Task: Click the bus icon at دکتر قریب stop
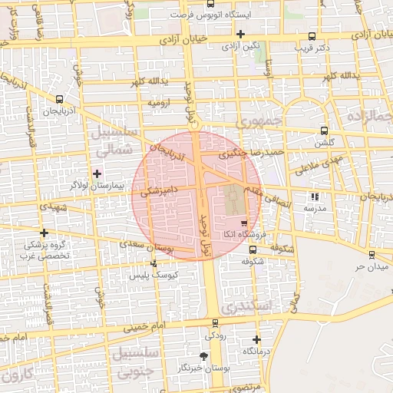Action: pyautogui.click(x=311, y=36)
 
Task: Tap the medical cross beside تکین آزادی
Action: pyautogui.click(x=241, y=34)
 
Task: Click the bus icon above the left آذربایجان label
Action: pyautogui.click(x=60, y=99)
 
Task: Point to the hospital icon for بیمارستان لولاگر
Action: pyautogui.click(x=96, y=173)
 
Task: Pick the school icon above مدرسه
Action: pyautogui.click(x=314, y=196)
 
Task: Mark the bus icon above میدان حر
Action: pyautogui.click(x=372, y=254)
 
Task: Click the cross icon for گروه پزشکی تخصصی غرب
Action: pyautogui.click(x=45, y=233)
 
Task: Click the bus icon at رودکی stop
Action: pyautogui.click(x=215, y=323)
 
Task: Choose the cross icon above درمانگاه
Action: pyautogui.click(x=256, y=339)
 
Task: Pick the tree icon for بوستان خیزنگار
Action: pyautogui.click(x=203, y=356)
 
